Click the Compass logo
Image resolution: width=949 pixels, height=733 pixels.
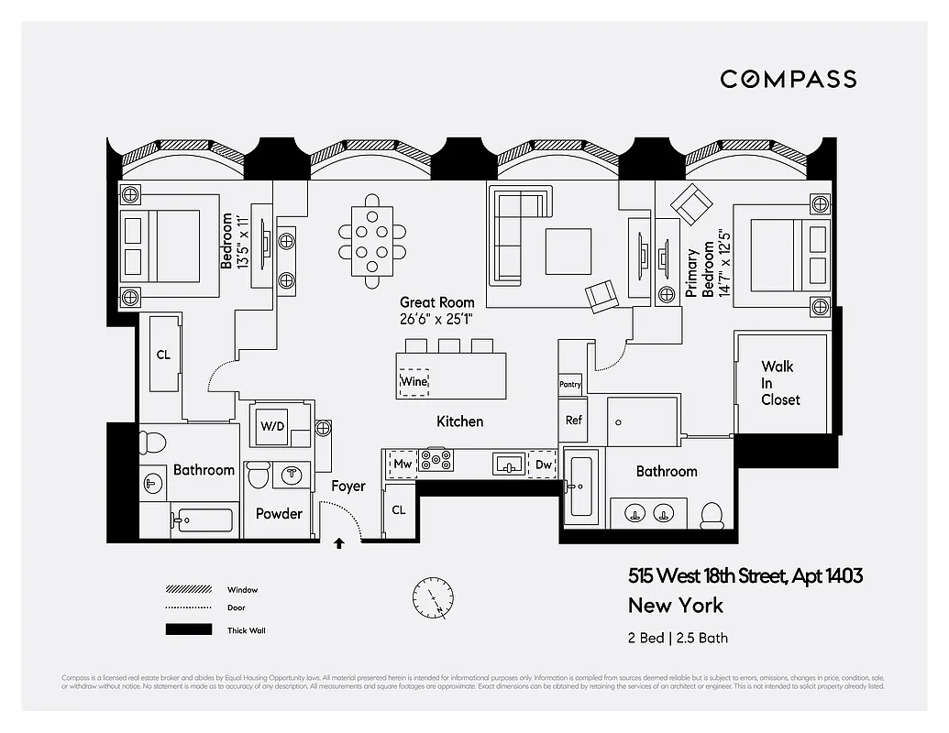point(788,79)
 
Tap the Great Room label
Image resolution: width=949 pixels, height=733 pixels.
point(436,302)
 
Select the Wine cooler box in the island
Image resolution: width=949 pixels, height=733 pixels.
point(414,381)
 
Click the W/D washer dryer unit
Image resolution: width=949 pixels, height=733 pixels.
point(272,426)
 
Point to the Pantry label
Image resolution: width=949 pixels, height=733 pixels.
point(570,385)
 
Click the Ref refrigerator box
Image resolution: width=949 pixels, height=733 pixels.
point(573,421)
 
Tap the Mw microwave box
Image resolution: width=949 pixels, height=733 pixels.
point(403,464)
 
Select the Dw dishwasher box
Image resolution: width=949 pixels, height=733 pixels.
point(543,464)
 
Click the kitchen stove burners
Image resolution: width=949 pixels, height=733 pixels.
point(436,461)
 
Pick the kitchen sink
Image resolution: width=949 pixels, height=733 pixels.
point(510,465)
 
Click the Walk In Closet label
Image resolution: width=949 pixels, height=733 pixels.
point(780,383)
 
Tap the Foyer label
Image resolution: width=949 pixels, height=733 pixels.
point(348,487)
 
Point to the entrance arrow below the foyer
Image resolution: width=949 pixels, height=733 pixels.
point(339,544)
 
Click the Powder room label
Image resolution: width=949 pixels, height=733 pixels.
point(279,514)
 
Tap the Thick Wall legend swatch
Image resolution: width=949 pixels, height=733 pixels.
point(187,630)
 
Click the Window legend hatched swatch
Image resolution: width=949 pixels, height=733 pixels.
point(187,590)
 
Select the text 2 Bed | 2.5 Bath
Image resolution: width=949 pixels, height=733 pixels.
point(678,638)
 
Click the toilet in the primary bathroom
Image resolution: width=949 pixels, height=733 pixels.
point(712,516)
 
